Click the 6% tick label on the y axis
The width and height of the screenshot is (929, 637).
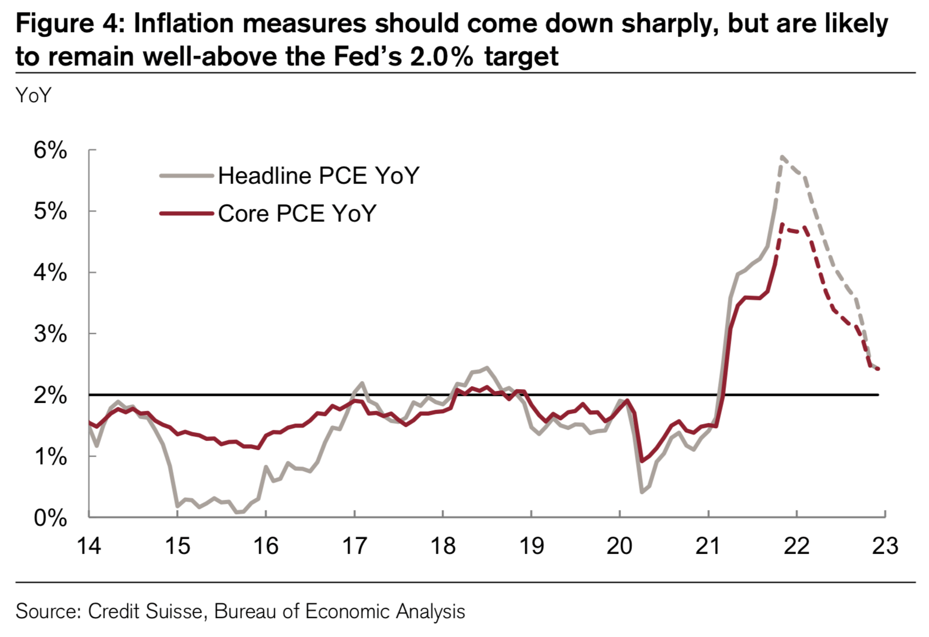(x=50, y=151)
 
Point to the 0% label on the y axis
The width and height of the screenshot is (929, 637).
(x=50, y=518)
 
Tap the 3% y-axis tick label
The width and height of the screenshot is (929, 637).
(x=50, y=334)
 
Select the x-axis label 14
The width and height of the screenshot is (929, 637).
(x=89, y=546)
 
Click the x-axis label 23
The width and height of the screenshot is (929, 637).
(x=885, y=546)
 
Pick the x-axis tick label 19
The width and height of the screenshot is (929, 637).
(x=531, y=546)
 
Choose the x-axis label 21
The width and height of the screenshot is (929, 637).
(x=708, y=546)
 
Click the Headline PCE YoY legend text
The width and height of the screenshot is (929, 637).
(x=318, y=176)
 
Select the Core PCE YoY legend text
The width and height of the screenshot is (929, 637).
(x=297, y=213)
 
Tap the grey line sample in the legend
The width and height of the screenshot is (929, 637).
(x=186, y=176)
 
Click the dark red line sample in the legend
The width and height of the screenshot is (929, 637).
(x=186, y=213)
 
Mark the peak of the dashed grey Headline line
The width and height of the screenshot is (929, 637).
(x=782, y=156)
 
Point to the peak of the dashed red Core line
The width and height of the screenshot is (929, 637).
(x=782, y=224)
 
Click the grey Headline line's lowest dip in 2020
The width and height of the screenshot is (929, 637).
(x=642, y=492)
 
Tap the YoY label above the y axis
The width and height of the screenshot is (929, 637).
(x=33, y=95)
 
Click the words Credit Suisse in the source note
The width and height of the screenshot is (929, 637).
(x=146, y=612)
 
